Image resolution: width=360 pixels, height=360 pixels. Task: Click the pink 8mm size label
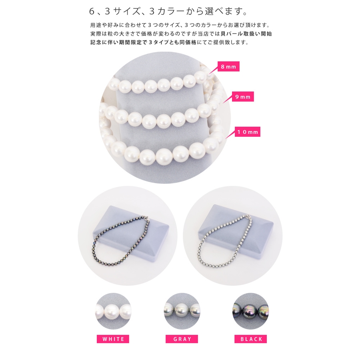228,66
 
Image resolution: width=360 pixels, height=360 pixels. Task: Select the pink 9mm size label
243,97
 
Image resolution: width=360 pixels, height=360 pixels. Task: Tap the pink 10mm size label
248,132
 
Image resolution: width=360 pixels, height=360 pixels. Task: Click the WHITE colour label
113,339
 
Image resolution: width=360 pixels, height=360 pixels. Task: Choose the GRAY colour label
182,339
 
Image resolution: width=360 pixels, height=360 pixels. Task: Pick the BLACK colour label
251,339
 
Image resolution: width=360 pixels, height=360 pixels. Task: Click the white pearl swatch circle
113,311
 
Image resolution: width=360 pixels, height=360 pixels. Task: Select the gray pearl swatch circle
182,311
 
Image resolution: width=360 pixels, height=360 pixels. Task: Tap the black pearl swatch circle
250,311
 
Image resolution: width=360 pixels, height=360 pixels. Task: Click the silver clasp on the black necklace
147,218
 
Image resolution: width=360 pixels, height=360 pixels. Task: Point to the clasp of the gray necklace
248,217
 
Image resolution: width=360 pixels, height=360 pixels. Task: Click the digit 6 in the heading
92,11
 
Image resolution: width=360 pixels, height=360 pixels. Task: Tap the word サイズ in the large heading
126,11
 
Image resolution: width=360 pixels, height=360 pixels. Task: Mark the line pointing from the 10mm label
230,135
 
